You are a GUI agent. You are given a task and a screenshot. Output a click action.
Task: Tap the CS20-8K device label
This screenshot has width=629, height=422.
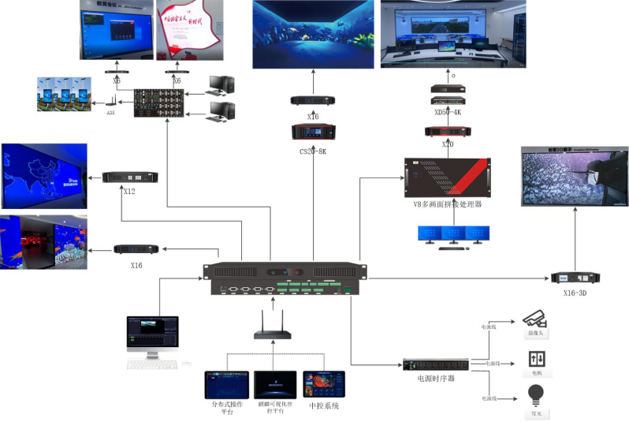314,149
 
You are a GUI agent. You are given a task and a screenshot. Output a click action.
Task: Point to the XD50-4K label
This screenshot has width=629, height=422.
448,111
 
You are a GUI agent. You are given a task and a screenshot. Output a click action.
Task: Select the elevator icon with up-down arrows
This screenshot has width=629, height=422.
536,357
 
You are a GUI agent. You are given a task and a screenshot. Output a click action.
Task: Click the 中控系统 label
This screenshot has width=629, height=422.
324,405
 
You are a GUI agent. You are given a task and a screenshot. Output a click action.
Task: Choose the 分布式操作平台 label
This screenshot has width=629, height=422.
226,408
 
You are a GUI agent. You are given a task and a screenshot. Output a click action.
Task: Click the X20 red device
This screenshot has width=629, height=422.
448,132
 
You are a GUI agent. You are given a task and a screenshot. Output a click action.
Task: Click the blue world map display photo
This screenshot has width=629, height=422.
44,174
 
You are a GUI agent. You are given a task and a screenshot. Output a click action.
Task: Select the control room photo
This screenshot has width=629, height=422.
452,34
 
